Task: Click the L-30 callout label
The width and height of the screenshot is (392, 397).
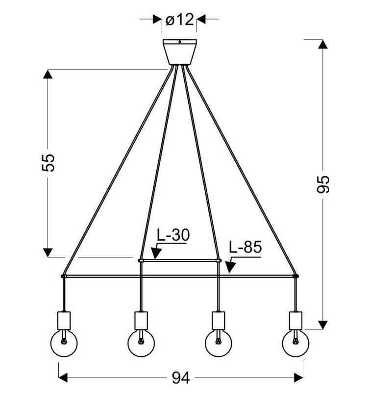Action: [172, 236]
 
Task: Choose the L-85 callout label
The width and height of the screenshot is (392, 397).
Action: [245, 248]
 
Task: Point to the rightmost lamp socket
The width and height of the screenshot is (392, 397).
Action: [295, 320]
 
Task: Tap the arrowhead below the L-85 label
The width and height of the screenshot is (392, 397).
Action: [230, 267]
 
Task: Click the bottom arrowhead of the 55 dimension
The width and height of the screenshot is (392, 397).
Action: [48, 252]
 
